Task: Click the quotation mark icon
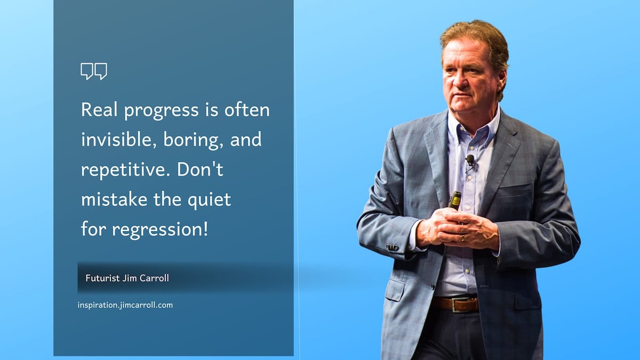(94, 71)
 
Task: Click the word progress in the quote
(162, 110)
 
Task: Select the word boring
(193, 140)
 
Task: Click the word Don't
(200, 169)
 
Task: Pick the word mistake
(114, 199)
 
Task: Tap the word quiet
(209, 199)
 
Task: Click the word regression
(160, 229)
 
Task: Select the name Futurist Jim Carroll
(127, 278)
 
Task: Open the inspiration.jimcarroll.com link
(125, 305)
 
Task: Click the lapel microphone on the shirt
(470, 161)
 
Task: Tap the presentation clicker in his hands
(454, 201)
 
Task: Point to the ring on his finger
(463, 238)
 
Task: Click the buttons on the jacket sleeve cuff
(392, 247)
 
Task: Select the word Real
(99, 109)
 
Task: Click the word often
(247, 109)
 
